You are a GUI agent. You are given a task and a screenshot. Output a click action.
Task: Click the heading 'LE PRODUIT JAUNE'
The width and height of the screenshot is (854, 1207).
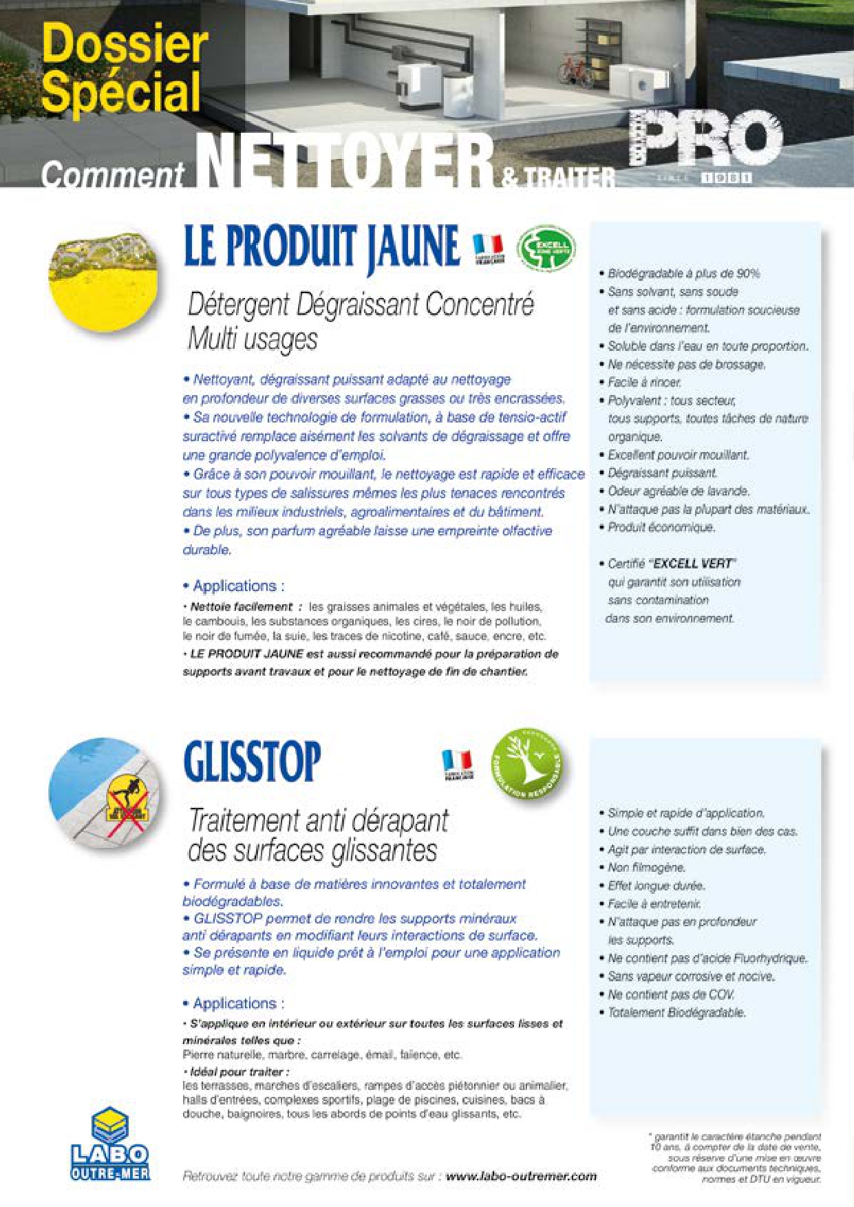(x=321, y=247)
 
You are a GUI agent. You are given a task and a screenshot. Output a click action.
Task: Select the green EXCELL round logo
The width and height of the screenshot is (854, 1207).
(x=546, y=248)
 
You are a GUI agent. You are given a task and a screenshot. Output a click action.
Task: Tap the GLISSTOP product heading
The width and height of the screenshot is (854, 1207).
(x=252, y=762)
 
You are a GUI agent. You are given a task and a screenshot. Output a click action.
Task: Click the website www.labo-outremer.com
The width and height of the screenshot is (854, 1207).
(x=520, y=1176)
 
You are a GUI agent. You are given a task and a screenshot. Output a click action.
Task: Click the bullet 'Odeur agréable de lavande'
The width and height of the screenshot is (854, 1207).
(x=679, y=491)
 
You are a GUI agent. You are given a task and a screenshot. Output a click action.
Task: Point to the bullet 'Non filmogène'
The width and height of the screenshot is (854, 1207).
(x=646, y=868)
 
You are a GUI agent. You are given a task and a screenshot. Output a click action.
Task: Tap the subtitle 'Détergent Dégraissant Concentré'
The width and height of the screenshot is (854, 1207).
(x=361, y=304)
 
